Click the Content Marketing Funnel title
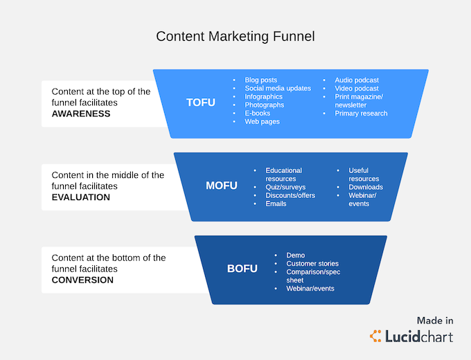click(x=235, y=37)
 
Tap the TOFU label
click(x=201, y=102)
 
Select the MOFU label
click(x=222, y=186)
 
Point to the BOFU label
click(x=242, y=269)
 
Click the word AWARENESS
click(x=81, y=114)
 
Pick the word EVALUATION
click(x=81, y=197)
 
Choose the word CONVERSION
click(x=82, y=280)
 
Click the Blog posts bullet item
click(x=260, y=80)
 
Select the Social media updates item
click(x=278, y=89)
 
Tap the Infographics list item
click(x=263, y=97)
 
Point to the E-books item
click(x=258, y=114)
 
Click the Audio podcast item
click(x=357, y=80)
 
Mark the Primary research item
click(x=361, y=114)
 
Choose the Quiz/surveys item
click(x=285, y=187)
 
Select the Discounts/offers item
click(x=290, y=195)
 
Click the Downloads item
click(x=366, y=187)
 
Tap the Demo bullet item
click(x=296, y=255)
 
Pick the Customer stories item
click(x=312, y=264)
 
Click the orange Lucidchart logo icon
click(x=375, y=336)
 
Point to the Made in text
click(x=435, y=321)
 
